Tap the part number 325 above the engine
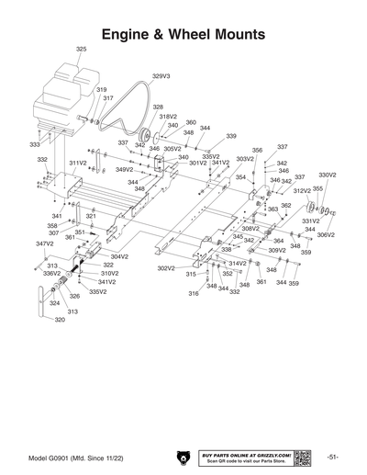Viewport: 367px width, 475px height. [x=81, y=49]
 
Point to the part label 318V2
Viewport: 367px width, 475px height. [x=167, y=117]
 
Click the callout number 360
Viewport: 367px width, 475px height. [x=191, y=122]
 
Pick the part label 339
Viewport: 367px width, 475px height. [x=231, y=137]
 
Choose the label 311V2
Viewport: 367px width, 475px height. [x=77, y=162]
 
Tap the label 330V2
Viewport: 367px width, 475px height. [x=328, y=175]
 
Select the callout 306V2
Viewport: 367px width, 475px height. [x=327, y=235]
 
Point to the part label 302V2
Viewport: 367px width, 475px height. [x=165, y=268]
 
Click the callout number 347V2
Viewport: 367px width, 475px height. [x=45, y=243]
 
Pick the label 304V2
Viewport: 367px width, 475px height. [x=119, y=256]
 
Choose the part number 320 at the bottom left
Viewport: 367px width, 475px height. [x=60, y=320]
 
